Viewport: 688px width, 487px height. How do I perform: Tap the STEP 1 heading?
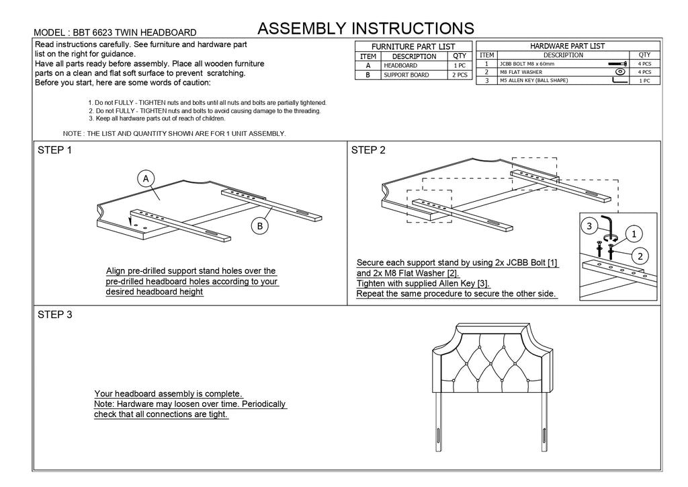tap(55, 150)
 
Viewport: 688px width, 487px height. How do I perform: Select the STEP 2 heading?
tap(368, 150)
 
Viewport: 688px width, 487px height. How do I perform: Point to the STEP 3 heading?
tap(55, 315)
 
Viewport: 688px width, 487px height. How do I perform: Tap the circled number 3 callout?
tap(589, 227)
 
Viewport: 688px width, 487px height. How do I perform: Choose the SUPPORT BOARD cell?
tap(406, 75)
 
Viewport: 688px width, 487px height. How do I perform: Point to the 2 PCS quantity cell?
tap(460, 75)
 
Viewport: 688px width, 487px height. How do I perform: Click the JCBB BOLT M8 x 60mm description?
tap(527, 63)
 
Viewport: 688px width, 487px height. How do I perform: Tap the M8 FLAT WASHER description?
tap(521, 71)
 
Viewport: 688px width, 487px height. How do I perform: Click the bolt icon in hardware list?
tap(618, 63)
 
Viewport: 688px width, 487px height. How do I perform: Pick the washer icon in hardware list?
tap(621, 71)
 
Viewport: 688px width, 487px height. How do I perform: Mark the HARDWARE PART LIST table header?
tap(568, 46)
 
